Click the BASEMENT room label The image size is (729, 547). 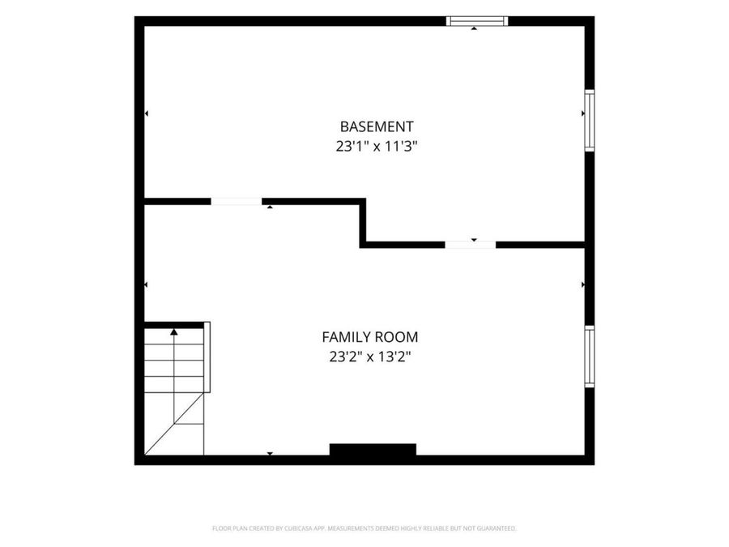(377, 126)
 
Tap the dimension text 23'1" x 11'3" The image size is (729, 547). (377, 147)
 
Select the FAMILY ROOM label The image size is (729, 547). (370, 337)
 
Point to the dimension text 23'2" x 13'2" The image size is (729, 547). (370, 357)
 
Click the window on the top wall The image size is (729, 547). (477, 21)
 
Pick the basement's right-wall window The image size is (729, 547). (589, 121)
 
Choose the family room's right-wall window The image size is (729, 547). (589, 357)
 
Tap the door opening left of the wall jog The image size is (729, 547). (237, 202)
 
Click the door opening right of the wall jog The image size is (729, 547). (471, 245)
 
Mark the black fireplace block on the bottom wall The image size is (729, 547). (373, 450)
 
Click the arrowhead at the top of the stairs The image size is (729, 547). (174, 332)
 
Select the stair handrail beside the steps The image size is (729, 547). (207, 357)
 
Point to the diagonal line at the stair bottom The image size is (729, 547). (174, 423)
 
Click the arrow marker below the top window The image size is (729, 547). (474, 28)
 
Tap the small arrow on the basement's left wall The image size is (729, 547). (147, 113)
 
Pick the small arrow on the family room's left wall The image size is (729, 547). (146, 284)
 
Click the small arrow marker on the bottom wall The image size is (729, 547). (270, 454)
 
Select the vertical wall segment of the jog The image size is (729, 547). (363, 223)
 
